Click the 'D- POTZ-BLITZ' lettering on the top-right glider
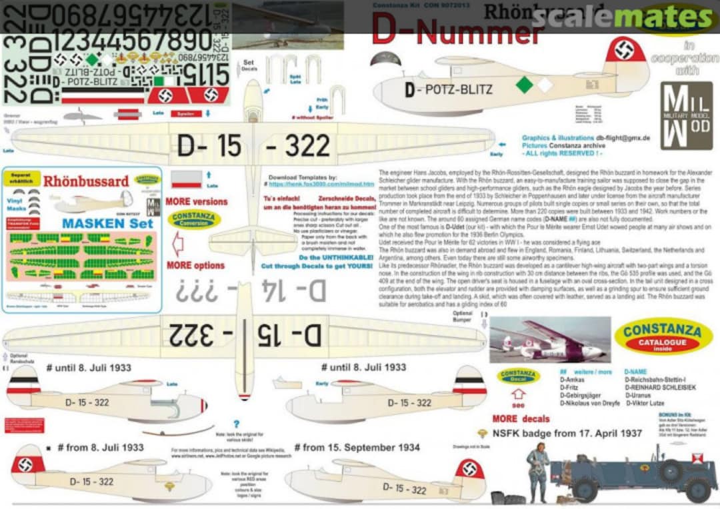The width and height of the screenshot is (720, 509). (x=448, y=89)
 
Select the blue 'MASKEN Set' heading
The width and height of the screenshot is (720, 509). (x=107, y=223)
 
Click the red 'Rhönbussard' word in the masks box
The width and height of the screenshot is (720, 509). (x=86, y=181)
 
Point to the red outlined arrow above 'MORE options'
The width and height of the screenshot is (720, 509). (x=177, y=244)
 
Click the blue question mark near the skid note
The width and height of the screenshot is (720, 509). (x=236, y=423)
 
